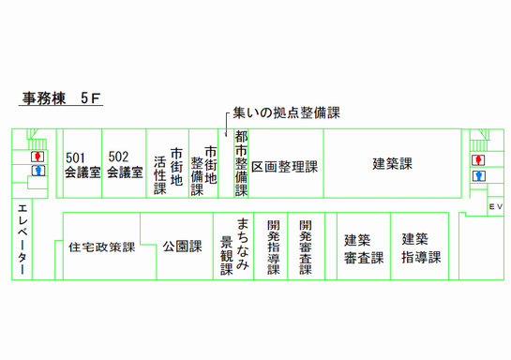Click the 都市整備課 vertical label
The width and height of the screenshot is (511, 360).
click(x=241, y=163)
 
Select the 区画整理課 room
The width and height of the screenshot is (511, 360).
click(x=284, y=166)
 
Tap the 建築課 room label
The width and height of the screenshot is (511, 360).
click(x=391, y=163)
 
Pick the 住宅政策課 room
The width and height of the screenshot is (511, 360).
click(x=102, y=248)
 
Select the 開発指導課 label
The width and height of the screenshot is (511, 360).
click(x=273, y=247)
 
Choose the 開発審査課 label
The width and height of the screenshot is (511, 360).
click(x=306, y=247)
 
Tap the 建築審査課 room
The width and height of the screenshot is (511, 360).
click(x=363, y=247)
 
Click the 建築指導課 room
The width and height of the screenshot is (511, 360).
click(x=421, y=247)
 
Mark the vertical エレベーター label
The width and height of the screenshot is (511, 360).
click(x=23, y=238)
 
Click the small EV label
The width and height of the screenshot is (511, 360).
click(x=495, y=205)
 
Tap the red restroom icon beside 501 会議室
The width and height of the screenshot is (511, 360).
click(x=38, y=156)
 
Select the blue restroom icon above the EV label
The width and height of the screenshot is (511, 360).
click(x=479, y=175)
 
